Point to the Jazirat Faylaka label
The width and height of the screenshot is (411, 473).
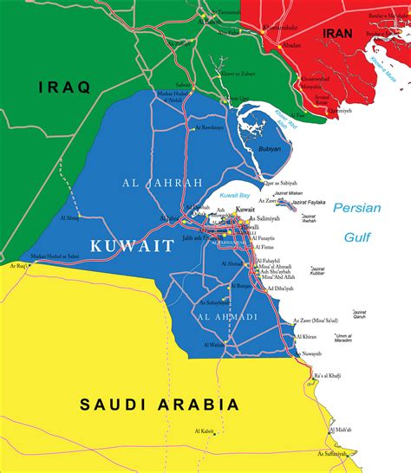310,202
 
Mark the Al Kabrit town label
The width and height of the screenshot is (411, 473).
206,431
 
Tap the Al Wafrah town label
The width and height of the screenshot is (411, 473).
214,345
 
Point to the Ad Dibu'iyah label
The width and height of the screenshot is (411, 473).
280,288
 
